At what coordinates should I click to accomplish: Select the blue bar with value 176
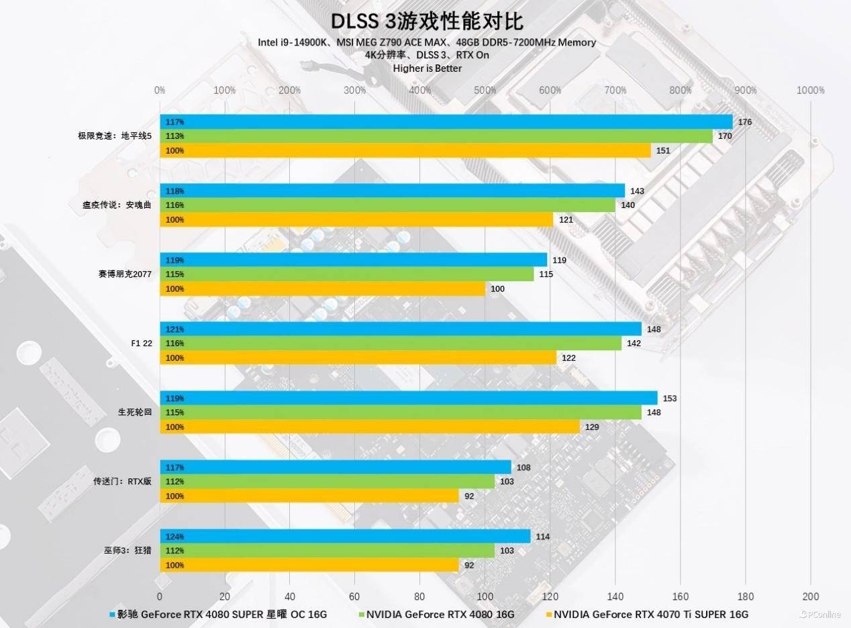(x=446, y=121)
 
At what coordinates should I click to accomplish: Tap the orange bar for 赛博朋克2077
(x=322, y=289)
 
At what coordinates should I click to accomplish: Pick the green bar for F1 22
(x=391, y=344)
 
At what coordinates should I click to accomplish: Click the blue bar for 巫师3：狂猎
(x=345, y=536)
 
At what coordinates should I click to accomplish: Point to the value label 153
(x=670, y=399)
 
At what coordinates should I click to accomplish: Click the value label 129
(x=592, y=427)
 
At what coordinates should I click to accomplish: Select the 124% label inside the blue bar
(x=175, y=537)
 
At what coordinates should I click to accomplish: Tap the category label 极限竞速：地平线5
(x=115, y=136)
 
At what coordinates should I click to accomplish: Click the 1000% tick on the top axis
(x=811, y=91)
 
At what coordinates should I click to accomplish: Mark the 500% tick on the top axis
(x=485, y=91)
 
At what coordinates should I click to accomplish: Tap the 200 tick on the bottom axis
(x=810, y=596)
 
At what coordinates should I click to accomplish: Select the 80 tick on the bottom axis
(x=419, y=596)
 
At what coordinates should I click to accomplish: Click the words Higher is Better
(x=427, y=68)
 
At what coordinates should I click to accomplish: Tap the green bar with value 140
(x=387, y=205)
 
